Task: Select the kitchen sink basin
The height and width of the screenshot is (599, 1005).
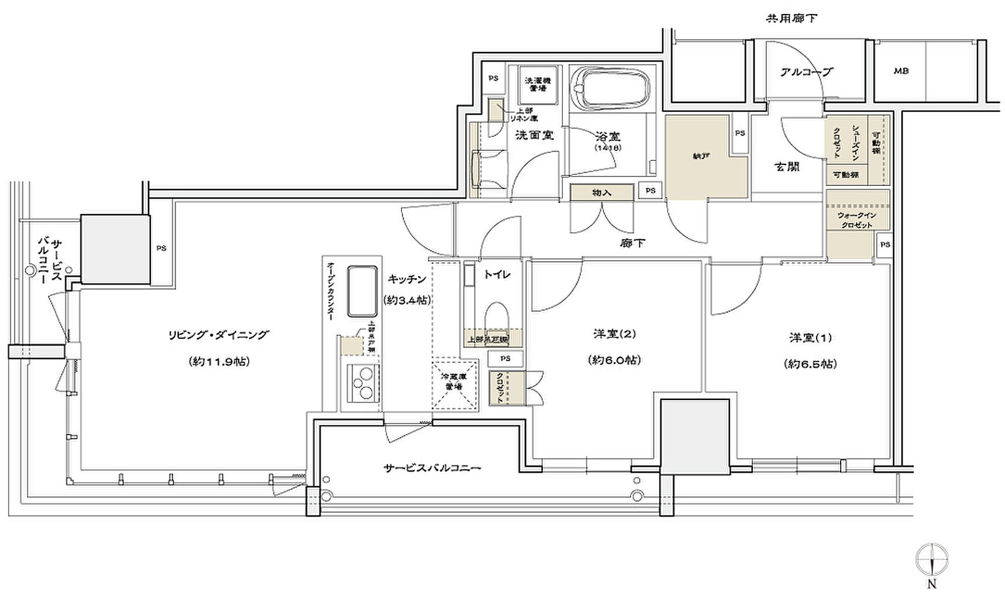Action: point(363,291)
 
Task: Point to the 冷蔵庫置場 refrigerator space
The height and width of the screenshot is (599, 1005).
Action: point(455,383)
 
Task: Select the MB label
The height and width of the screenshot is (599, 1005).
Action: point(901,71)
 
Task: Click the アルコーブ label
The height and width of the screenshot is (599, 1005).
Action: point(806,72)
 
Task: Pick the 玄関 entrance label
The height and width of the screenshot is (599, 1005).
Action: point(787,167)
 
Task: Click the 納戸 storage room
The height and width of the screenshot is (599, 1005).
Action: point(700,156)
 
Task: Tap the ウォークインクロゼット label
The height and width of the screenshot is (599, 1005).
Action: point(857,221)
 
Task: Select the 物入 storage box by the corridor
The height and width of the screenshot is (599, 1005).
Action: point(601,192)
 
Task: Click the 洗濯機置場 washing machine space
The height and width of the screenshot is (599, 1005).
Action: point(537,84)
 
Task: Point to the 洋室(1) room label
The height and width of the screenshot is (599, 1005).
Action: point(810,338)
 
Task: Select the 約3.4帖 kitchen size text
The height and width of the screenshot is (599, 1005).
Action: point(407,300)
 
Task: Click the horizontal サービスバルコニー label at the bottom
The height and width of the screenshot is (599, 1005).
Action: point(432,468)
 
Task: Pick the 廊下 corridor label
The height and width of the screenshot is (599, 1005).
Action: point(632,243)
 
